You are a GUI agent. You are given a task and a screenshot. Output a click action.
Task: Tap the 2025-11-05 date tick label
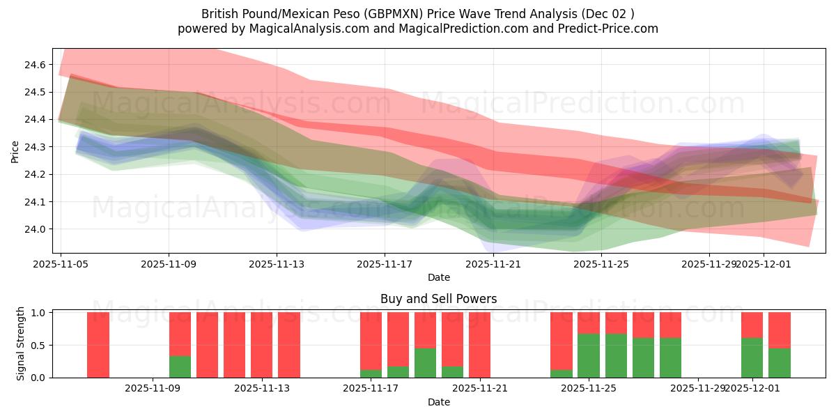click(61, 264)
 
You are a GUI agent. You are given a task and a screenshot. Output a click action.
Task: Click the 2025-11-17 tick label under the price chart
click(385, 264)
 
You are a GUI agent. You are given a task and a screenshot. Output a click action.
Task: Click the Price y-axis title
click(15, 150)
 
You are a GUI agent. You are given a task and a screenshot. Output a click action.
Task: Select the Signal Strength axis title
click(21, 343)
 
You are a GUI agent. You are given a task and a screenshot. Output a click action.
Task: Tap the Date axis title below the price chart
click(438, 277)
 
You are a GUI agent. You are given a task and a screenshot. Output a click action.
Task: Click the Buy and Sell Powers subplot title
click(438, 299)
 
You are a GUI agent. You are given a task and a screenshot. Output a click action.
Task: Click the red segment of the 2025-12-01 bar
click(752, 325)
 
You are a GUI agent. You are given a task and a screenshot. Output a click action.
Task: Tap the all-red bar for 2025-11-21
click(479, 345)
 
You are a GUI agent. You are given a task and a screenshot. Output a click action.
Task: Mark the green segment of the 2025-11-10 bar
click(180, 366)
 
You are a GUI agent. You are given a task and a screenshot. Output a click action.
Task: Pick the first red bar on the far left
click(98, 345)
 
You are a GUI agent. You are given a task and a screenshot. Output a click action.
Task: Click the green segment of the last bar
click(779, 362)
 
